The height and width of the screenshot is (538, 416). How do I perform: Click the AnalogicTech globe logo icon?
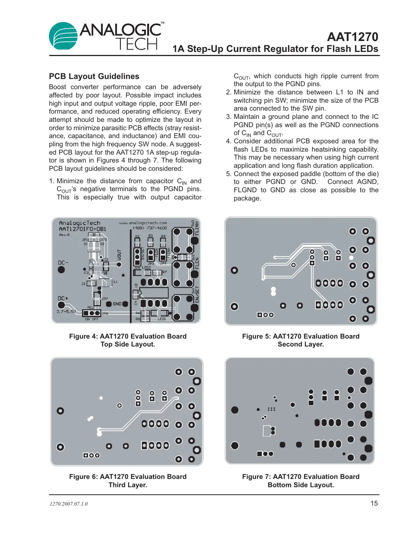[63, 36]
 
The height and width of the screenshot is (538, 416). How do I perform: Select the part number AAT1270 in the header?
[352, 37]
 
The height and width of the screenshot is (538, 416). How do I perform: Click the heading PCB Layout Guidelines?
[94, 76]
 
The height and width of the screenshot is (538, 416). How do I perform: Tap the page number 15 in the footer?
[374, 503]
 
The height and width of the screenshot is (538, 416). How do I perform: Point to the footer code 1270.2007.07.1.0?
[69, 504]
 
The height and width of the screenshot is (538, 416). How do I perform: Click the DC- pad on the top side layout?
[61, 269]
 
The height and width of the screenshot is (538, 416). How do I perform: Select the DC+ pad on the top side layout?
[61, 305]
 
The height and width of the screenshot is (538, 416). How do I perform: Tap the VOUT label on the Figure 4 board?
[119, 255]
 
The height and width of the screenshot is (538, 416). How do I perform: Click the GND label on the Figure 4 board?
[117, 304]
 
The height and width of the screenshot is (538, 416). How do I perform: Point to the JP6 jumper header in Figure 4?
[91, 313]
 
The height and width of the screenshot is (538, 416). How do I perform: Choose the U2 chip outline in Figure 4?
[154, 292]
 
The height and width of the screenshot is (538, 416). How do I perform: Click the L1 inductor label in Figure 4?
[115, 281]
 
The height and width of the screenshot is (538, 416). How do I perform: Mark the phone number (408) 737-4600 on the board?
[150, 228]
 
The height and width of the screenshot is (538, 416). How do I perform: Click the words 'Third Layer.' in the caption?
[128, 485]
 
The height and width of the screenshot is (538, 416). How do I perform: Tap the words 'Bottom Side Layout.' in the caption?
[300, 485]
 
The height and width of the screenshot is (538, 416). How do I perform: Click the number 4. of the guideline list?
[229, 141]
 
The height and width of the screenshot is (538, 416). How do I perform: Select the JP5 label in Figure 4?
[137, 268]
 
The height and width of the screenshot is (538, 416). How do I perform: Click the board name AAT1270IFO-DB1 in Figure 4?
[82, 229]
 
